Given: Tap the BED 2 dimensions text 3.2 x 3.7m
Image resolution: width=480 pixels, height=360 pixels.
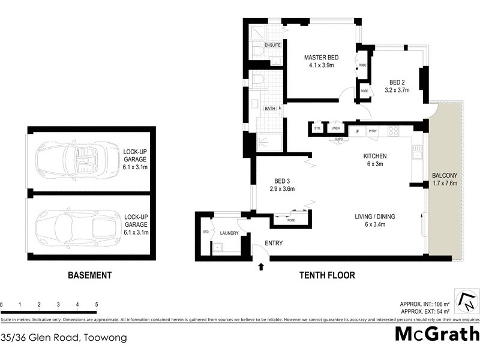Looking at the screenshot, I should point(397,91).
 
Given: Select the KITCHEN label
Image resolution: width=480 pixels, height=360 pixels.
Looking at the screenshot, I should point(374,156).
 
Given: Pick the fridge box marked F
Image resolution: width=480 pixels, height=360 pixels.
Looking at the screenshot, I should point(358,131).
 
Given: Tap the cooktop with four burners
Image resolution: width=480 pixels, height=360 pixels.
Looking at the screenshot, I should point(394,131).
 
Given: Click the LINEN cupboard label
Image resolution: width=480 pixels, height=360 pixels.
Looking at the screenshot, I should point(336,128).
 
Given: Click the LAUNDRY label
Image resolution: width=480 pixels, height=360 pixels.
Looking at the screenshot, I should point(229,233).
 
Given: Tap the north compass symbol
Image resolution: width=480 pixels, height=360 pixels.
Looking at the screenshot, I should point(465,301).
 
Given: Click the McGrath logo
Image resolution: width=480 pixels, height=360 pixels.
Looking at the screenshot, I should point(436,334).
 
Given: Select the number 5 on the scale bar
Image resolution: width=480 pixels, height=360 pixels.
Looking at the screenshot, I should point(97,305).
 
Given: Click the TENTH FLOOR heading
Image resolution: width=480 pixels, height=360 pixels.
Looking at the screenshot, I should point(327,275).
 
